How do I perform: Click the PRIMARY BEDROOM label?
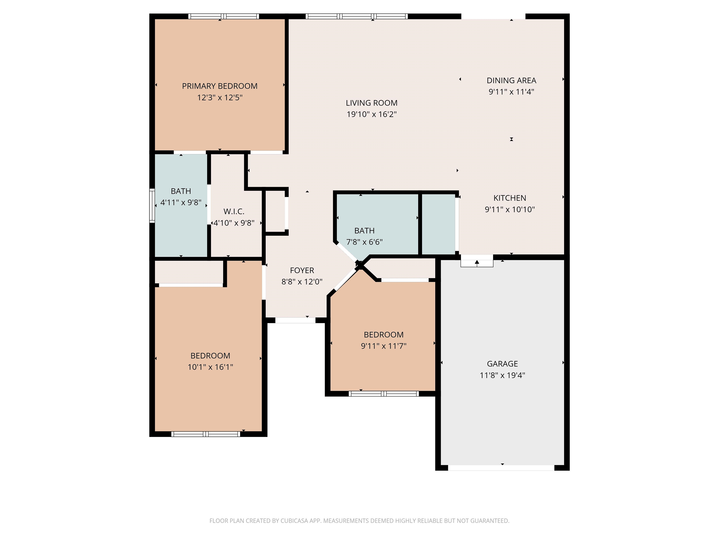pos(220,86)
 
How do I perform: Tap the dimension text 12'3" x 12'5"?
pos(220,98)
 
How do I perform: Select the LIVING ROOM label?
pos(371,103)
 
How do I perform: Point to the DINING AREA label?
pos(511,80)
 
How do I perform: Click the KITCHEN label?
pos(510,198)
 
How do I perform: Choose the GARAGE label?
pos(502,364)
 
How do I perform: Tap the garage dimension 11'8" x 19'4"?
pos(502,375)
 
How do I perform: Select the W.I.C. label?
pos(234,211)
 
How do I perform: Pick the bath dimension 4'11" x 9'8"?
pos(181,202)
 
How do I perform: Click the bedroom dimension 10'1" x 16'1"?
pos(210,367)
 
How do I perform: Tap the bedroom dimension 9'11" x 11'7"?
pos(384,346)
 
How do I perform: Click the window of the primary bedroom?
pos(224,16)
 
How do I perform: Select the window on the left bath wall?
pos(152,206)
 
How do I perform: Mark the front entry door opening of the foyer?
pos(295,320)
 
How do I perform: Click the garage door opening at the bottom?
pos(501,468)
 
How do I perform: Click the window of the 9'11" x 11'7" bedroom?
pos(384,394)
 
